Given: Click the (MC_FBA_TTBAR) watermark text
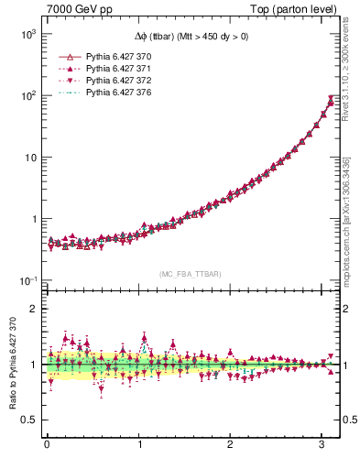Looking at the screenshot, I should pos(189,274).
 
